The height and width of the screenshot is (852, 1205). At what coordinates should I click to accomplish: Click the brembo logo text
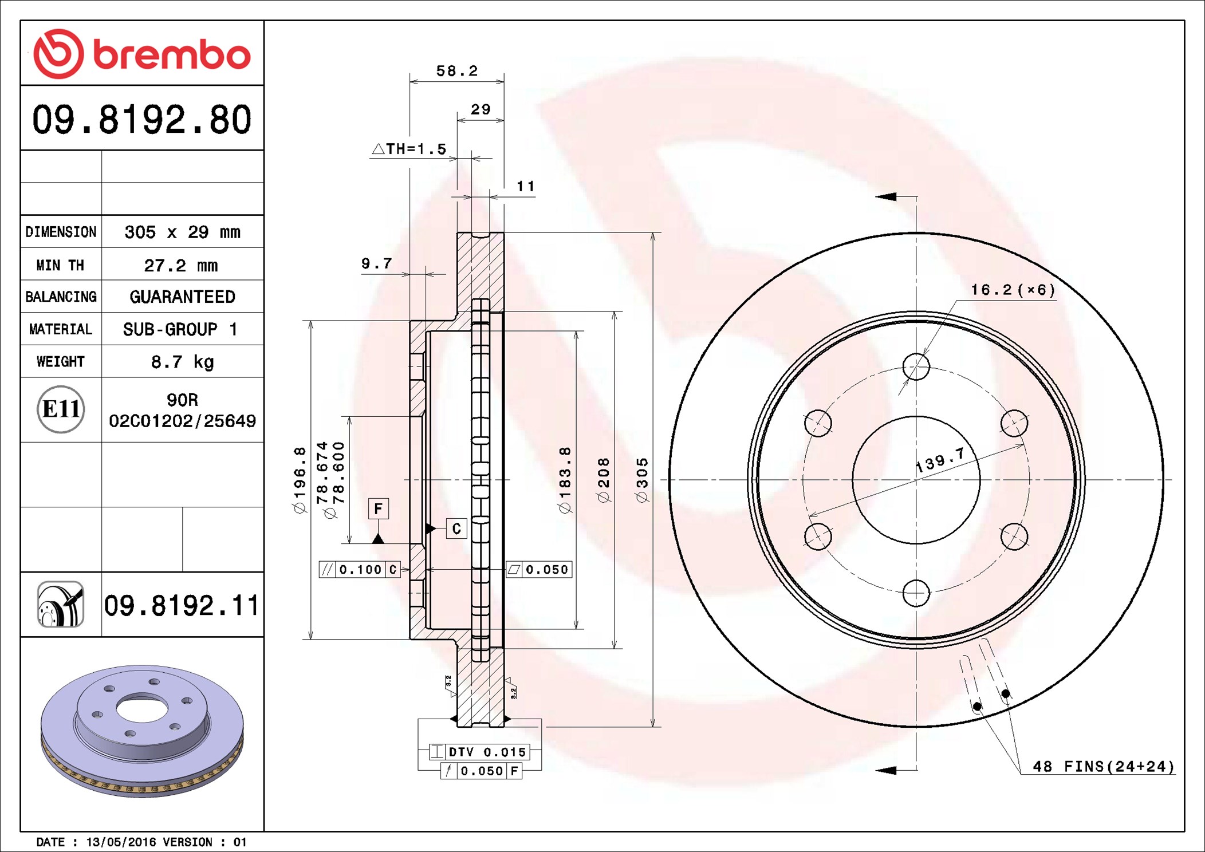pos(172,55)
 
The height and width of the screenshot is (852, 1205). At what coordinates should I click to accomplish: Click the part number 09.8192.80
pos(142,120)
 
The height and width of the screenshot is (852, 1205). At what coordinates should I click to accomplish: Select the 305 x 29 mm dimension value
pos(182,232)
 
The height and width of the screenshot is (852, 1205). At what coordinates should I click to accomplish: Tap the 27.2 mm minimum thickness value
pos(181,265)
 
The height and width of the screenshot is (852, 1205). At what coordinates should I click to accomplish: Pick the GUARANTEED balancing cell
pos(182,297)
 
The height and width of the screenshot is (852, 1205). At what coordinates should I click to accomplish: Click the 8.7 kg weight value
pos(182,362)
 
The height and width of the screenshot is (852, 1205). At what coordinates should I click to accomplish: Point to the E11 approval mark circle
pos(61,409)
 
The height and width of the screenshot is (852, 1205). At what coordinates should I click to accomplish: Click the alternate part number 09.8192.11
pos(182,605)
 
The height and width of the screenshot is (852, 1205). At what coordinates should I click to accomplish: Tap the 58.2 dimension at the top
pos(457,70)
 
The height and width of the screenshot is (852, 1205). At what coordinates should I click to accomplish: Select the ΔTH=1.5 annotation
pos(409,149)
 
